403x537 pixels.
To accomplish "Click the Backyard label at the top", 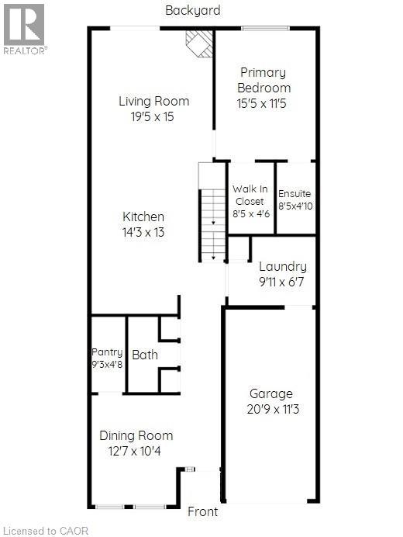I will click(x=193, y=10).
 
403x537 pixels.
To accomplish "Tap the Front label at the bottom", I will click(x=203, y=511).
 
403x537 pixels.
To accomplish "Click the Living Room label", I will click(x=153, y=101).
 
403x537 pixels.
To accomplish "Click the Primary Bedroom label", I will click(x=263, y=80).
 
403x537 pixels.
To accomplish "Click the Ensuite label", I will click(x=294, y=193).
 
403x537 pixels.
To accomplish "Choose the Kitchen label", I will click(x=143, y=217).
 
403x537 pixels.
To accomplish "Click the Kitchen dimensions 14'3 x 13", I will click(x=143, y=231).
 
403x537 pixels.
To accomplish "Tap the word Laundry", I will click(x=282, y=267).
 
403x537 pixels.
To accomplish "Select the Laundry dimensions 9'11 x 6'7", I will click(x=282, y=282).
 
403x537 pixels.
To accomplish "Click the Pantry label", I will click(x=107, y=352).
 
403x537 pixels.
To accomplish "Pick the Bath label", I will click(x=145, y=355).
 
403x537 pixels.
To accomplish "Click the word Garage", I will click(x=270, y=393).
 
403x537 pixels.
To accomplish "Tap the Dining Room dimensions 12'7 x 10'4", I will click(x=136, y=450).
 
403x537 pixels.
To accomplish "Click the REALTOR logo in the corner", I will click(x=25, y=29).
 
